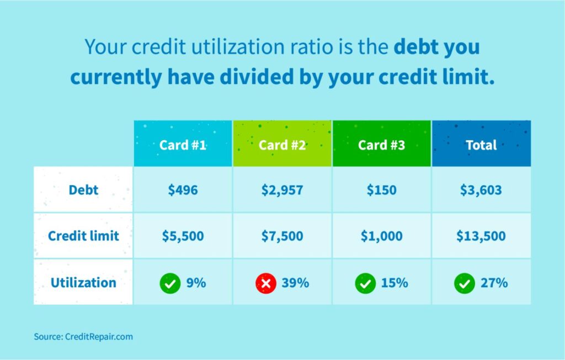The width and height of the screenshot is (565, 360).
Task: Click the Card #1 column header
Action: tap(183, 145)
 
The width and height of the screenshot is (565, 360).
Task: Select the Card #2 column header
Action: tap(282, 145)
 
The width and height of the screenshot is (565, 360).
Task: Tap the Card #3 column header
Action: tap(381, 145)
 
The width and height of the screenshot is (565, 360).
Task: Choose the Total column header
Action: tap(481, 145)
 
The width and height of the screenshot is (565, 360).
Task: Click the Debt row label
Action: tap(83, 190)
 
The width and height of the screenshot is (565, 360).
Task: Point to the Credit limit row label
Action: tap(83, 236)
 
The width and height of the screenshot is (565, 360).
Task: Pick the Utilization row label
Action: tap(83, 283)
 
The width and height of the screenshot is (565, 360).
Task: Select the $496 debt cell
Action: tap(183, 190)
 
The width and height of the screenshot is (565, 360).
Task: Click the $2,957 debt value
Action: tap(282, 190)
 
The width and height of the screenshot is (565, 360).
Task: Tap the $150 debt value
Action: tap(381, 190)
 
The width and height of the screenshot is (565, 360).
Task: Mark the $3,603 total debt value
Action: tap(481, 190)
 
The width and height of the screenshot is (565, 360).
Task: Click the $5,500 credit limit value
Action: tap(183, 236)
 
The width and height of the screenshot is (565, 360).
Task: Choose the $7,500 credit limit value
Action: tap(282, 236)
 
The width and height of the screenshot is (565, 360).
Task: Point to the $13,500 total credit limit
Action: tap(481, 236)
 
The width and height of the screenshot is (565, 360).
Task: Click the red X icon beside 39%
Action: tap(265, 283)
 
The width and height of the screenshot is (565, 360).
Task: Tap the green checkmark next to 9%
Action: tap(170, 283)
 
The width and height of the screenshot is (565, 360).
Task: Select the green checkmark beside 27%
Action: tap(464, 283)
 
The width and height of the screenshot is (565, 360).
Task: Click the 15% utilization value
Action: tap(394, 283)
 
